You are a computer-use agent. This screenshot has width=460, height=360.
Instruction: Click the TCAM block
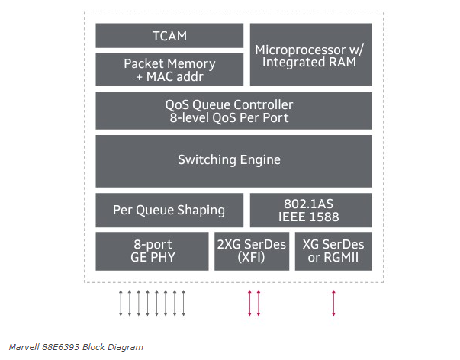169,36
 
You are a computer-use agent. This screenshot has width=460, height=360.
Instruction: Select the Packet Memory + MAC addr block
169,69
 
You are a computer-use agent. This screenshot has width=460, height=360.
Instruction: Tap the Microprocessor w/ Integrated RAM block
310,55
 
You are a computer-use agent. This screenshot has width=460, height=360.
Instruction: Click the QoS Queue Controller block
233,111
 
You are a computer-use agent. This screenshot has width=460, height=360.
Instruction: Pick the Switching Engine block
233,160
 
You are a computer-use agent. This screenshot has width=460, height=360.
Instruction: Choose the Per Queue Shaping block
169,210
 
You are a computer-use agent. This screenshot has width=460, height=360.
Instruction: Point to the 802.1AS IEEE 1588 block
310,210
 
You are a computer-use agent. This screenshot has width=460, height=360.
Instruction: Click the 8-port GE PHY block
153,251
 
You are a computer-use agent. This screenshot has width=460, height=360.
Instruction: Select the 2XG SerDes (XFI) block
252,251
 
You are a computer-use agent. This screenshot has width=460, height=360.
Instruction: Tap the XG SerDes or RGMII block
333,251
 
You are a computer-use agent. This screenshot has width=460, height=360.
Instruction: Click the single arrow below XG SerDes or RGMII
333,303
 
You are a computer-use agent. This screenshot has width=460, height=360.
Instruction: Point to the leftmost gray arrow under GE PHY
121,303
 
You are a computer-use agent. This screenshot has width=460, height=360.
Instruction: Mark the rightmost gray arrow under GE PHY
183,303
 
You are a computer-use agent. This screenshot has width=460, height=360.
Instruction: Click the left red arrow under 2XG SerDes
249,303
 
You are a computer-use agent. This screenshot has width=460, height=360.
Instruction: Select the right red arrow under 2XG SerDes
258,303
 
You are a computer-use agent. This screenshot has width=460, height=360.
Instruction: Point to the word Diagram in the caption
126,348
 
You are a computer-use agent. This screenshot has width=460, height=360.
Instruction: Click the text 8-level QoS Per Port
230,118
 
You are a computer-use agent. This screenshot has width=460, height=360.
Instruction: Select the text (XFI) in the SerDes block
252,258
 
